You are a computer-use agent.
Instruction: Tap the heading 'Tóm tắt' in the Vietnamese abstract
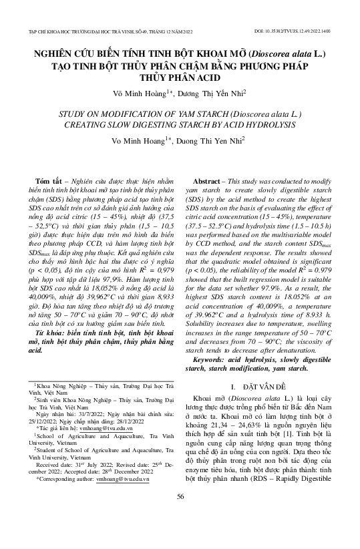(x=53, y=182)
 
